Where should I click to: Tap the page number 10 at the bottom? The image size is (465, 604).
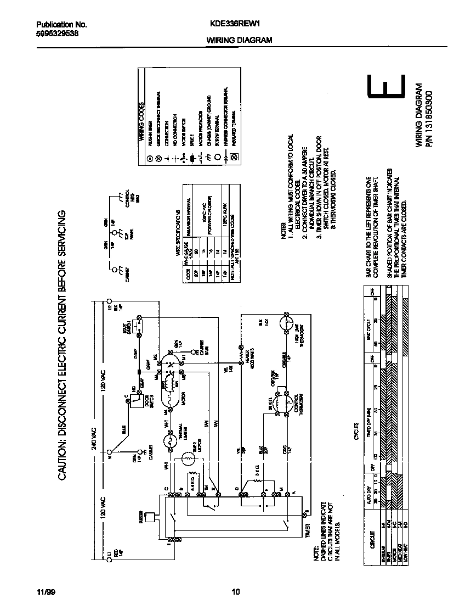236,591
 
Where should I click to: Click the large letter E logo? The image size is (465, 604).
387,90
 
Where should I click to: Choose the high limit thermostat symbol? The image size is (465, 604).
287,322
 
